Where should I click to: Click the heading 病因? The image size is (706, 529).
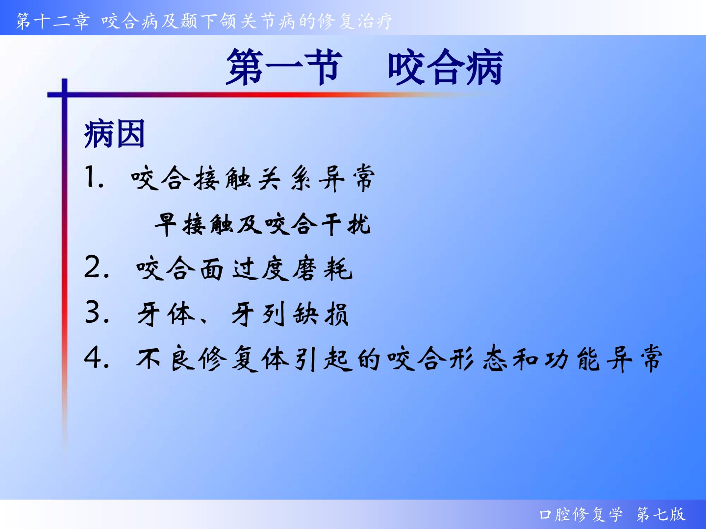(x=114, y=134)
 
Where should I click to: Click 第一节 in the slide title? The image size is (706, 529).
(x=282, y=67)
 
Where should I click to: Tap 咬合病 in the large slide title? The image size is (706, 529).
(x=445, y=67)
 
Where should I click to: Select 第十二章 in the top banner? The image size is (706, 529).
(x=53, y=22)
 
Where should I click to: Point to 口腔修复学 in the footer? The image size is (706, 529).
(x=581, y=514)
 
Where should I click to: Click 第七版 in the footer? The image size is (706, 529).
(x=661, y=514)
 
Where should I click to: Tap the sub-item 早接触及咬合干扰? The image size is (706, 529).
(x=262, y=224)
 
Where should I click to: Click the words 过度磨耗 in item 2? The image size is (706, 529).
(x=292, y=268)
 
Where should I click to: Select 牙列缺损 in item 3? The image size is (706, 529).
(x=290, y=314)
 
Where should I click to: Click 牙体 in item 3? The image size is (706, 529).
(x=166, y=314)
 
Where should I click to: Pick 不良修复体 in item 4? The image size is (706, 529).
(x=213, y=359)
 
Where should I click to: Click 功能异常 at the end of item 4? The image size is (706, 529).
(x=604, y=359)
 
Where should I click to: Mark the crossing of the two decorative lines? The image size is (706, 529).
(x=65, y=95)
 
